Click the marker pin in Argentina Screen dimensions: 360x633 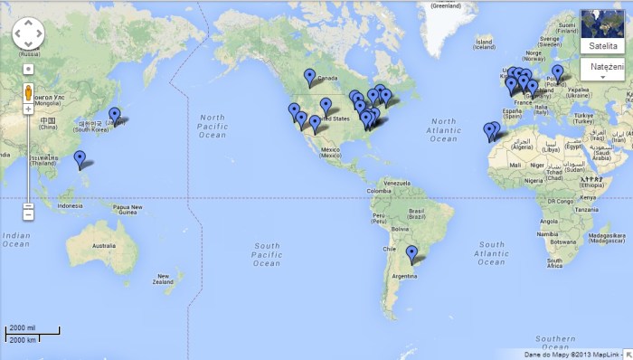(411, 253)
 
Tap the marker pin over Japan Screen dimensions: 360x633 (114, 115)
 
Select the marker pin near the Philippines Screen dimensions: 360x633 (80, 159)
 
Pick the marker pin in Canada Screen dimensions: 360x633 (310, 76)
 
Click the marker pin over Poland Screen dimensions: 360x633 (557, 72)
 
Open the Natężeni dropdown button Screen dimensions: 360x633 (602, 69)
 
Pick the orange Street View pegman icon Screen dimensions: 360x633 (28, 93)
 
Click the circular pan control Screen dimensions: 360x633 (28, 34)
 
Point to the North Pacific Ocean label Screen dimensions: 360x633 (213, 127)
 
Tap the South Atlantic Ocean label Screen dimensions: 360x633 (492, 252)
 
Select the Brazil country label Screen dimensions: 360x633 (417, 216)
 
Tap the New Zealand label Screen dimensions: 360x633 (163, 279)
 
